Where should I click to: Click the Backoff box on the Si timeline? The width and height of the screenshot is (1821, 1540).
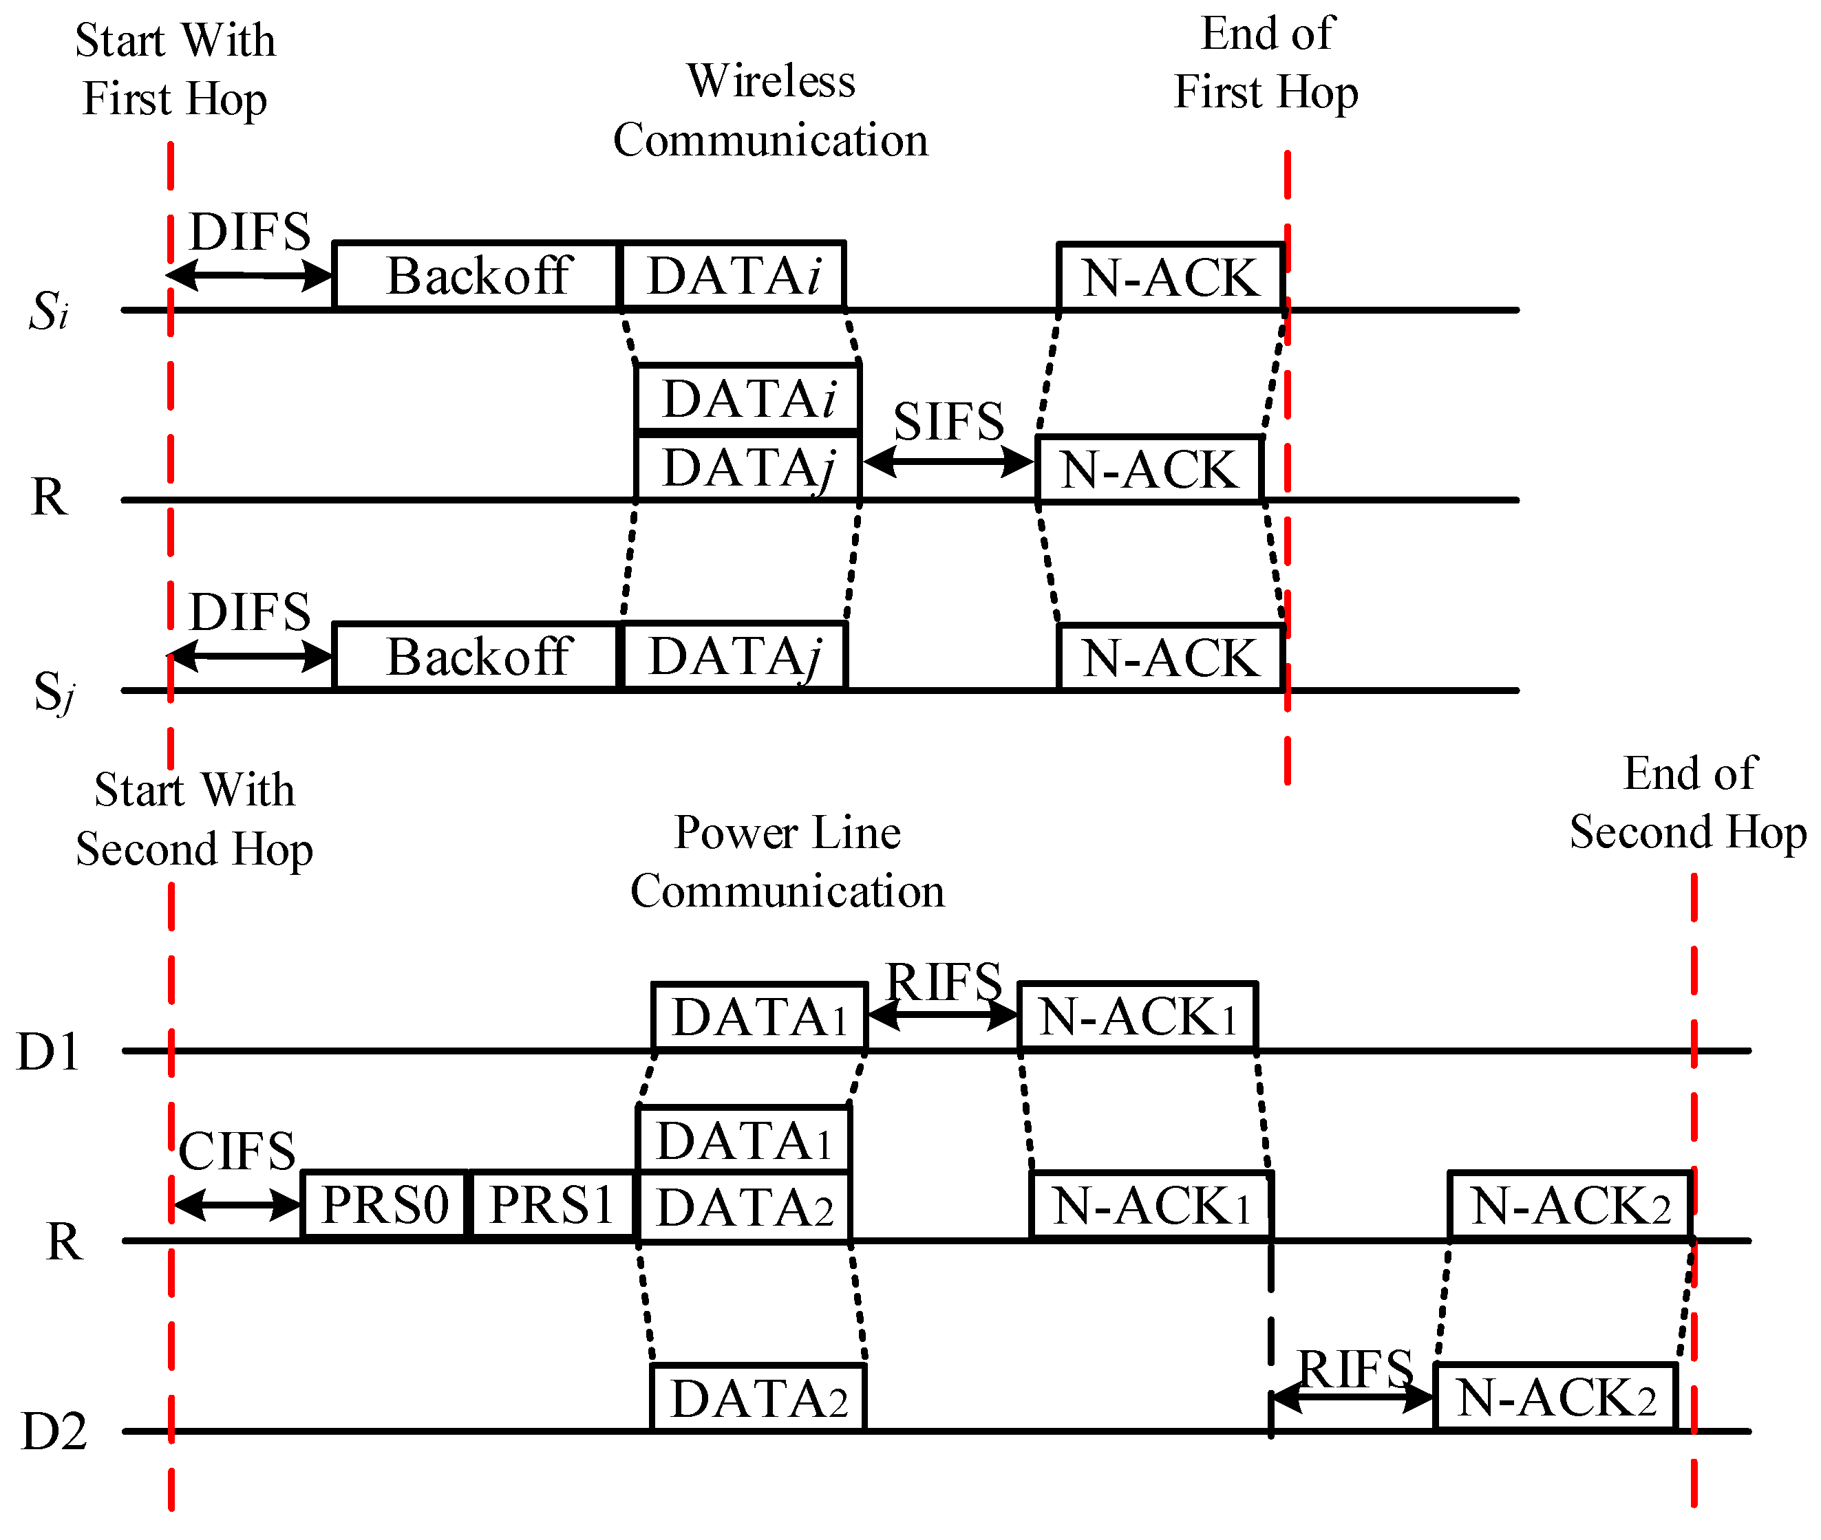pyautogui.click(x=476, y=276)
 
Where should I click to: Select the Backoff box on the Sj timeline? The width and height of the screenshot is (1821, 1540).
pyautogui.click(x=476, y=656)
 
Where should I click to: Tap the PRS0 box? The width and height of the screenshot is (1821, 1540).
pyautogui.click(x=384, y=1206)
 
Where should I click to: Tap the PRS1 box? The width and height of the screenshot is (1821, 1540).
pyautogui.click(x=552, y=1206)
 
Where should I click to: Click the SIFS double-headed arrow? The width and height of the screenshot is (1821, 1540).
pyautogui.click(x=948, y=462)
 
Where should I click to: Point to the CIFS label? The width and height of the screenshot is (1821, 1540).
pyautogui.click(x=237, y=1151)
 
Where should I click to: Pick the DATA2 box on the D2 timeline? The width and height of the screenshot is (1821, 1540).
pyautogui.click(x=758, y=1398)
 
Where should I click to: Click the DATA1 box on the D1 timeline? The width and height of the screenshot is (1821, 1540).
pyautogui.click(x=759, y=1018)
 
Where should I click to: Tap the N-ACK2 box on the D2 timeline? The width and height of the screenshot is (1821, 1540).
pyautogui.click(x=1555, y=1398)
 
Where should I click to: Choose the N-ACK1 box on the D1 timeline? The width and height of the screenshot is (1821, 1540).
pyautogui.click(x=1137, y=1018)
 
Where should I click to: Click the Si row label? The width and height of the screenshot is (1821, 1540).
pyautogui.click(x=48, y=312)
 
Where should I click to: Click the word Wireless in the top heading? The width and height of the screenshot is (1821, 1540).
pyautogui.click(x=770, y=81)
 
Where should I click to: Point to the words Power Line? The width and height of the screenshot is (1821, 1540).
pyautogui.click(x=786, y=832)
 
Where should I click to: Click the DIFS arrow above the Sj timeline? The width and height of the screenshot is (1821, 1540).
pyautogui.click(x=250, y=655)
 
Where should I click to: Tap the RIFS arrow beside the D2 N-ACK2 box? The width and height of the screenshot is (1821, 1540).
pyautogui.click(x=1352, y=1398)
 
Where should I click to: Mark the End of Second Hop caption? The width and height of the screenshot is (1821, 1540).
pyautogui.click(x=1687, y=803)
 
